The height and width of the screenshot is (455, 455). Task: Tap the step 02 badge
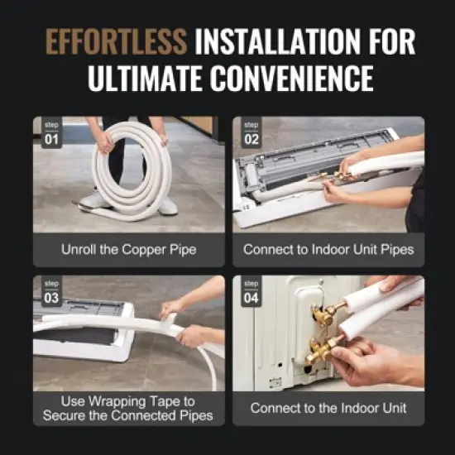251,134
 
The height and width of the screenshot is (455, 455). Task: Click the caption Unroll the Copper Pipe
128,248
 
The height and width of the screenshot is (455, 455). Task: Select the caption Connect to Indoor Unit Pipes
328,248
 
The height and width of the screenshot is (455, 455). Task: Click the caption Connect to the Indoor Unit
328,408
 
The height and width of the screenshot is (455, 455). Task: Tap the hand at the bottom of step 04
372,362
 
